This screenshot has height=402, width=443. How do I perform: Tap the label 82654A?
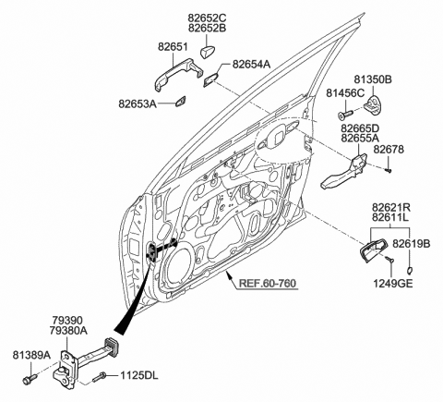[251, 64]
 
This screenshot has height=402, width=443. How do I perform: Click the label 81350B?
[374, 80]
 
